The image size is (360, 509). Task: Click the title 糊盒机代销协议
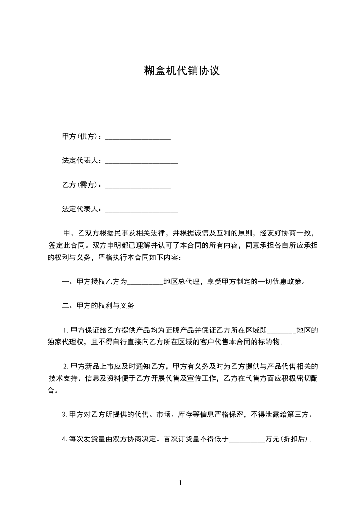click(x=182, y=71)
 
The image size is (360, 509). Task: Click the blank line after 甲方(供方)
click(x=138, y=137)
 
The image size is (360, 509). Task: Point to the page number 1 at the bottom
click(x=180, y=483)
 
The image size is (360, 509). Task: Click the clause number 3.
click(x=64, y=415)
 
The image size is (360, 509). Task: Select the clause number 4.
click(x=64, y=439)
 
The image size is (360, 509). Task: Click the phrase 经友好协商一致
click(x=286, y=233)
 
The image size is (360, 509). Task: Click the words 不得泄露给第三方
click(x=282, y=415)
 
